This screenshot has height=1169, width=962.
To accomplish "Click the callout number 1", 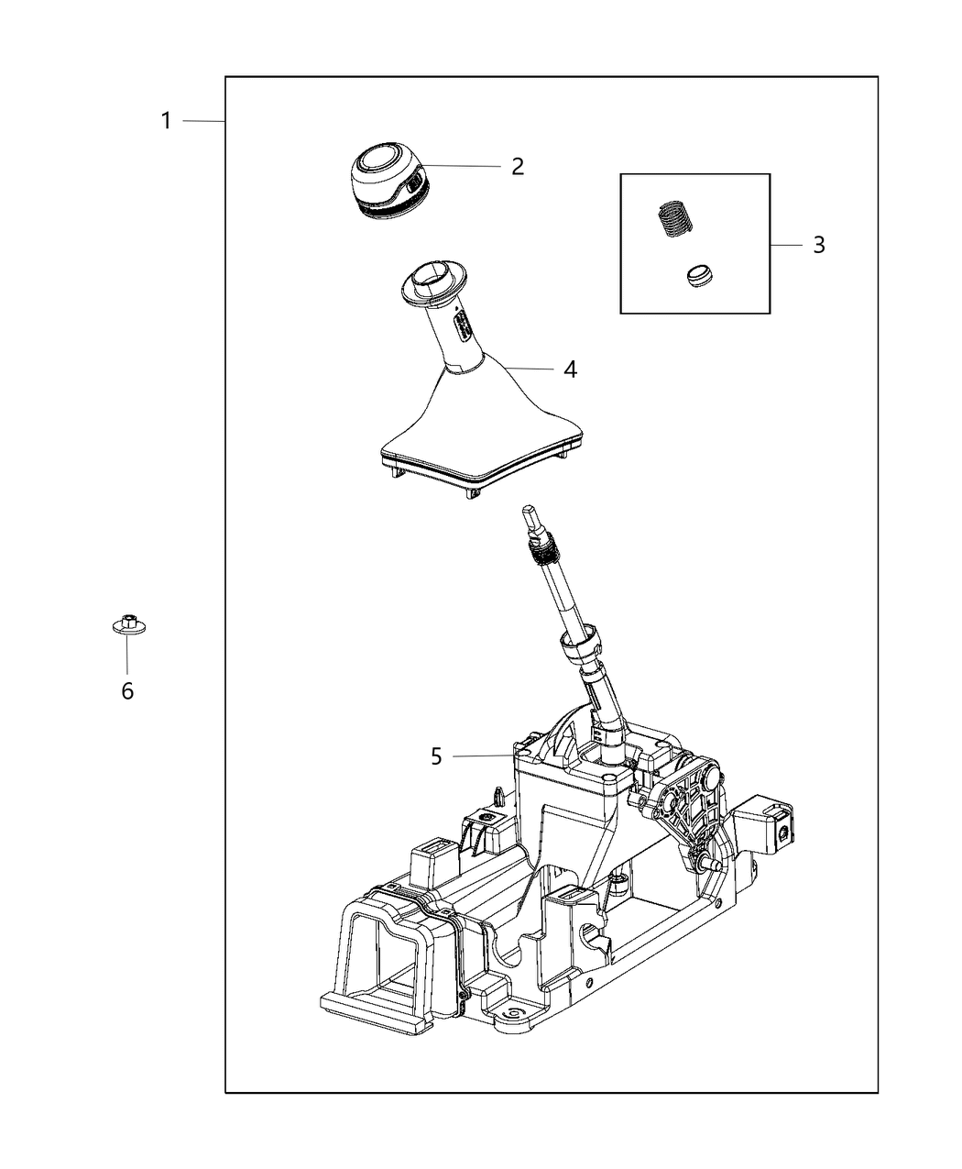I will (166, 120).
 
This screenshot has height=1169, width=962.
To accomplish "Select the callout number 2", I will (518, 166).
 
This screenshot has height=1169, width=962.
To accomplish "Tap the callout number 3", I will (818, 245).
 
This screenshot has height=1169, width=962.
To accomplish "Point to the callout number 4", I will (570, 369).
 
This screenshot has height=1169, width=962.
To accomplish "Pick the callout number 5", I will (436, 756).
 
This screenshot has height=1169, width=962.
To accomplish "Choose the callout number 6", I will (127, 690).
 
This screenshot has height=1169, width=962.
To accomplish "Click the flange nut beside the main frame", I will (126, 625).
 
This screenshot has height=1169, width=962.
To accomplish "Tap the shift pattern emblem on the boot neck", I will (464, 324).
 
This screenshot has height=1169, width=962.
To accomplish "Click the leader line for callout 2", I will (463, 166).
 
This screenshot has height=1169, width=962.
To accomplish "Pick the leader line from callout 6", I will (127, 656).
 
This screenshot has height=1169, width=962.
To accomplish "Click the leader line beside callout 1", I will (203, 121).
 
